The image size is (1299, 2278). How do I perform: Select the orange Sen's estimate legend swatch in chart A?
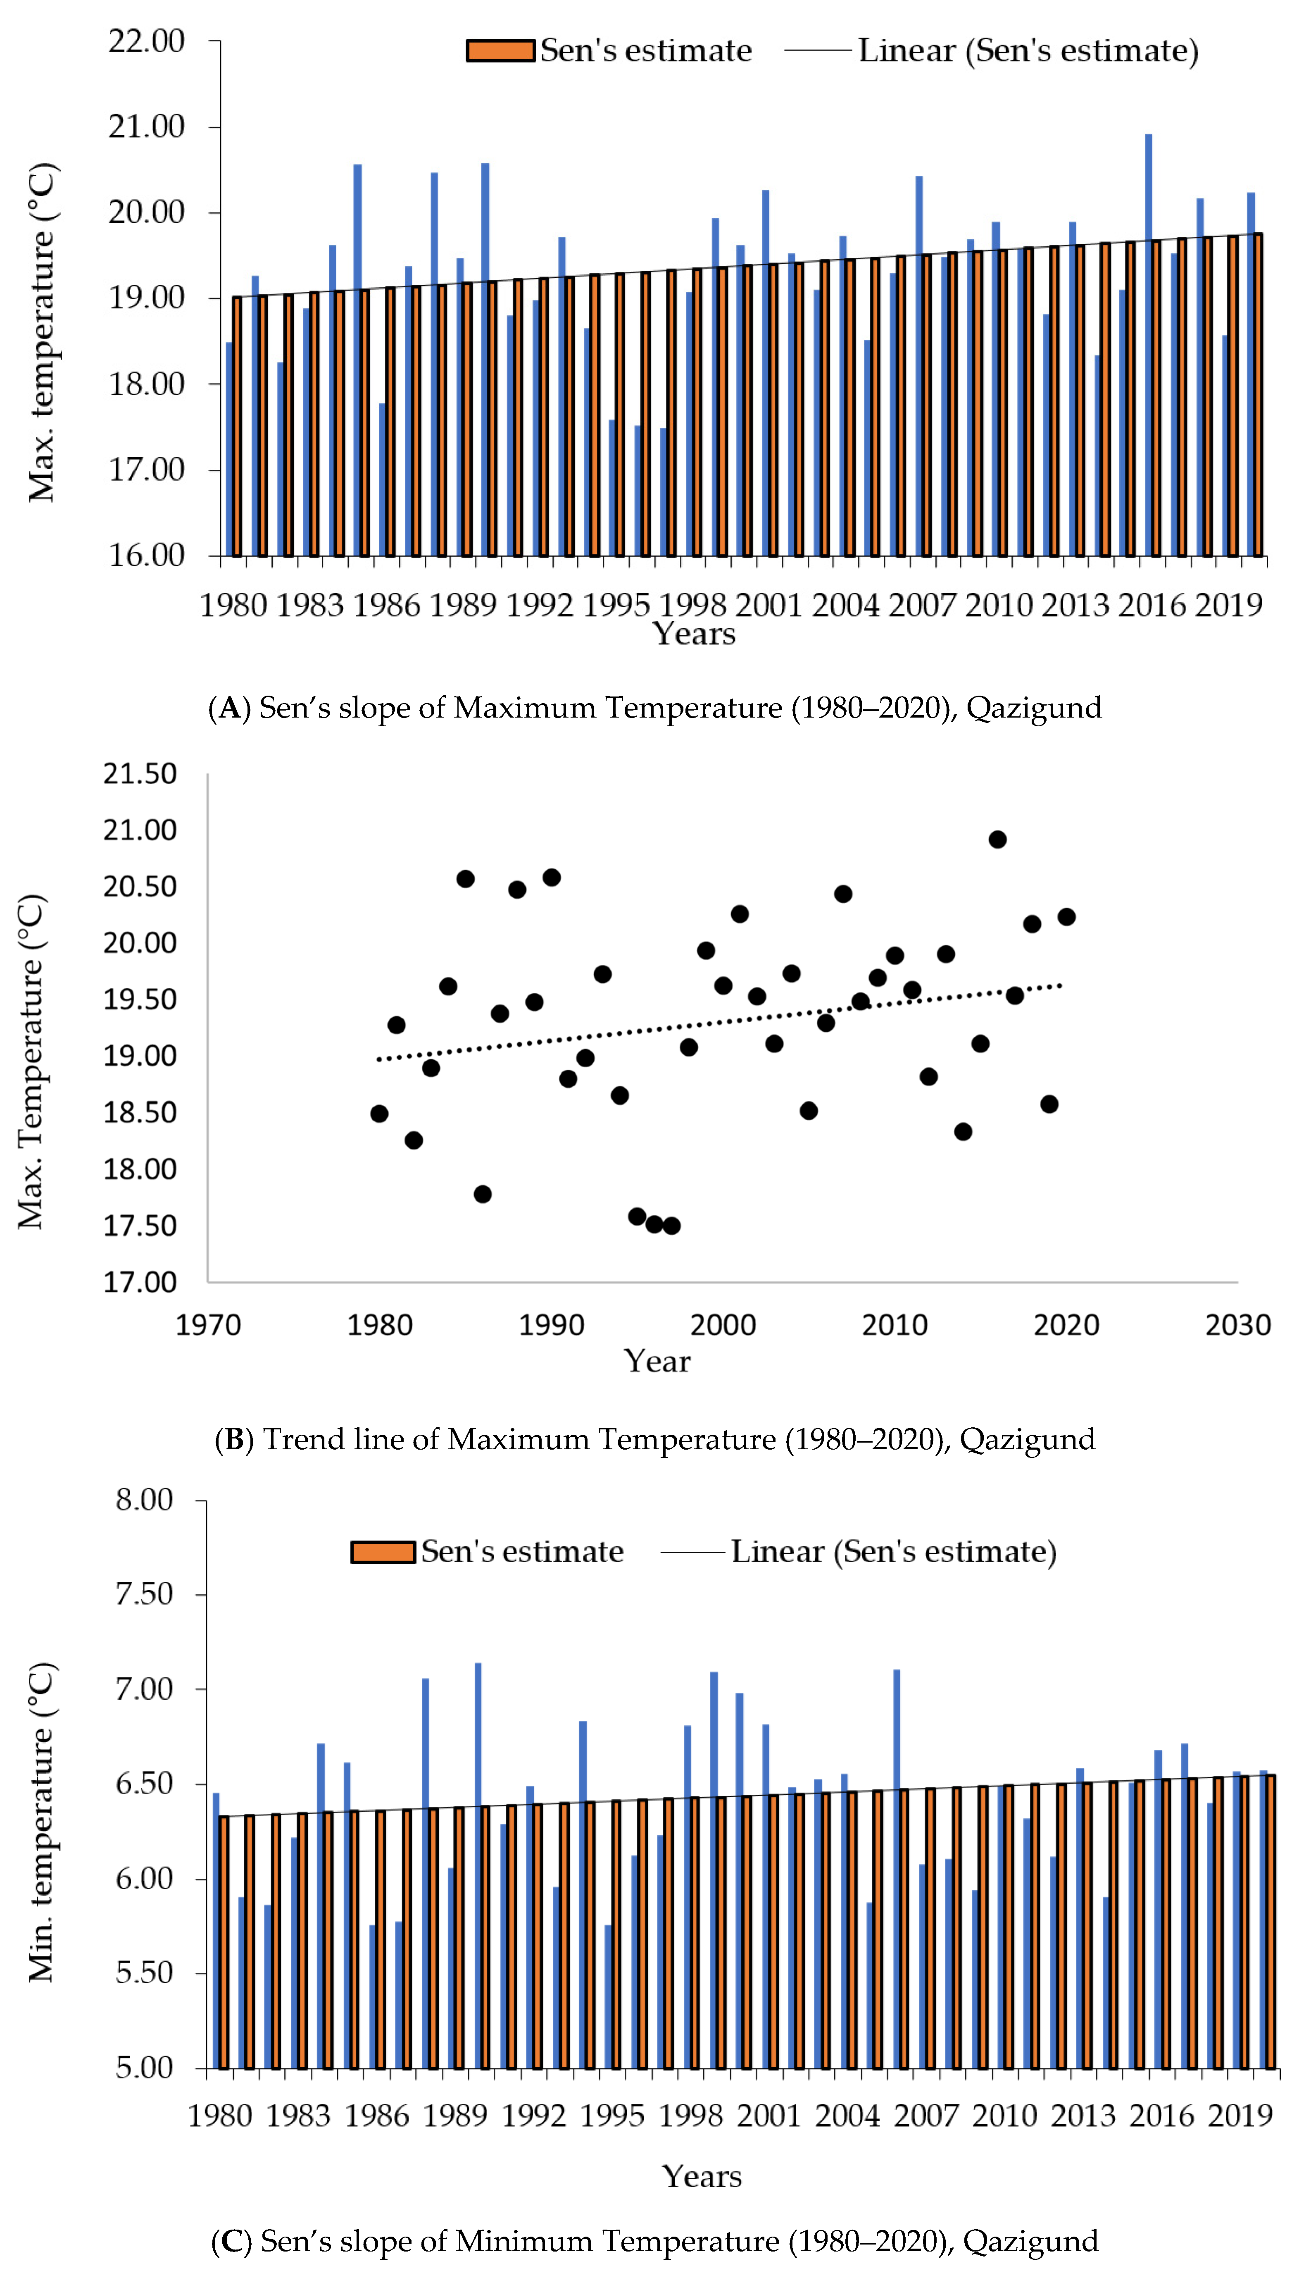point(500,51)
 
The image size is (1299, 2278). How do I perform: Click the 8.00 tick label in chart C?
point(145,1500)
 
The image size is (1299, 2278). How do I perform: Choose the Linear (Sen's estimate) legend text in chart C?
point(894,1552)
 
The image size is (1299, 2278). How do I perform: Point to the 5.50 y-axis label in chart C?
point(145,1973)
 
